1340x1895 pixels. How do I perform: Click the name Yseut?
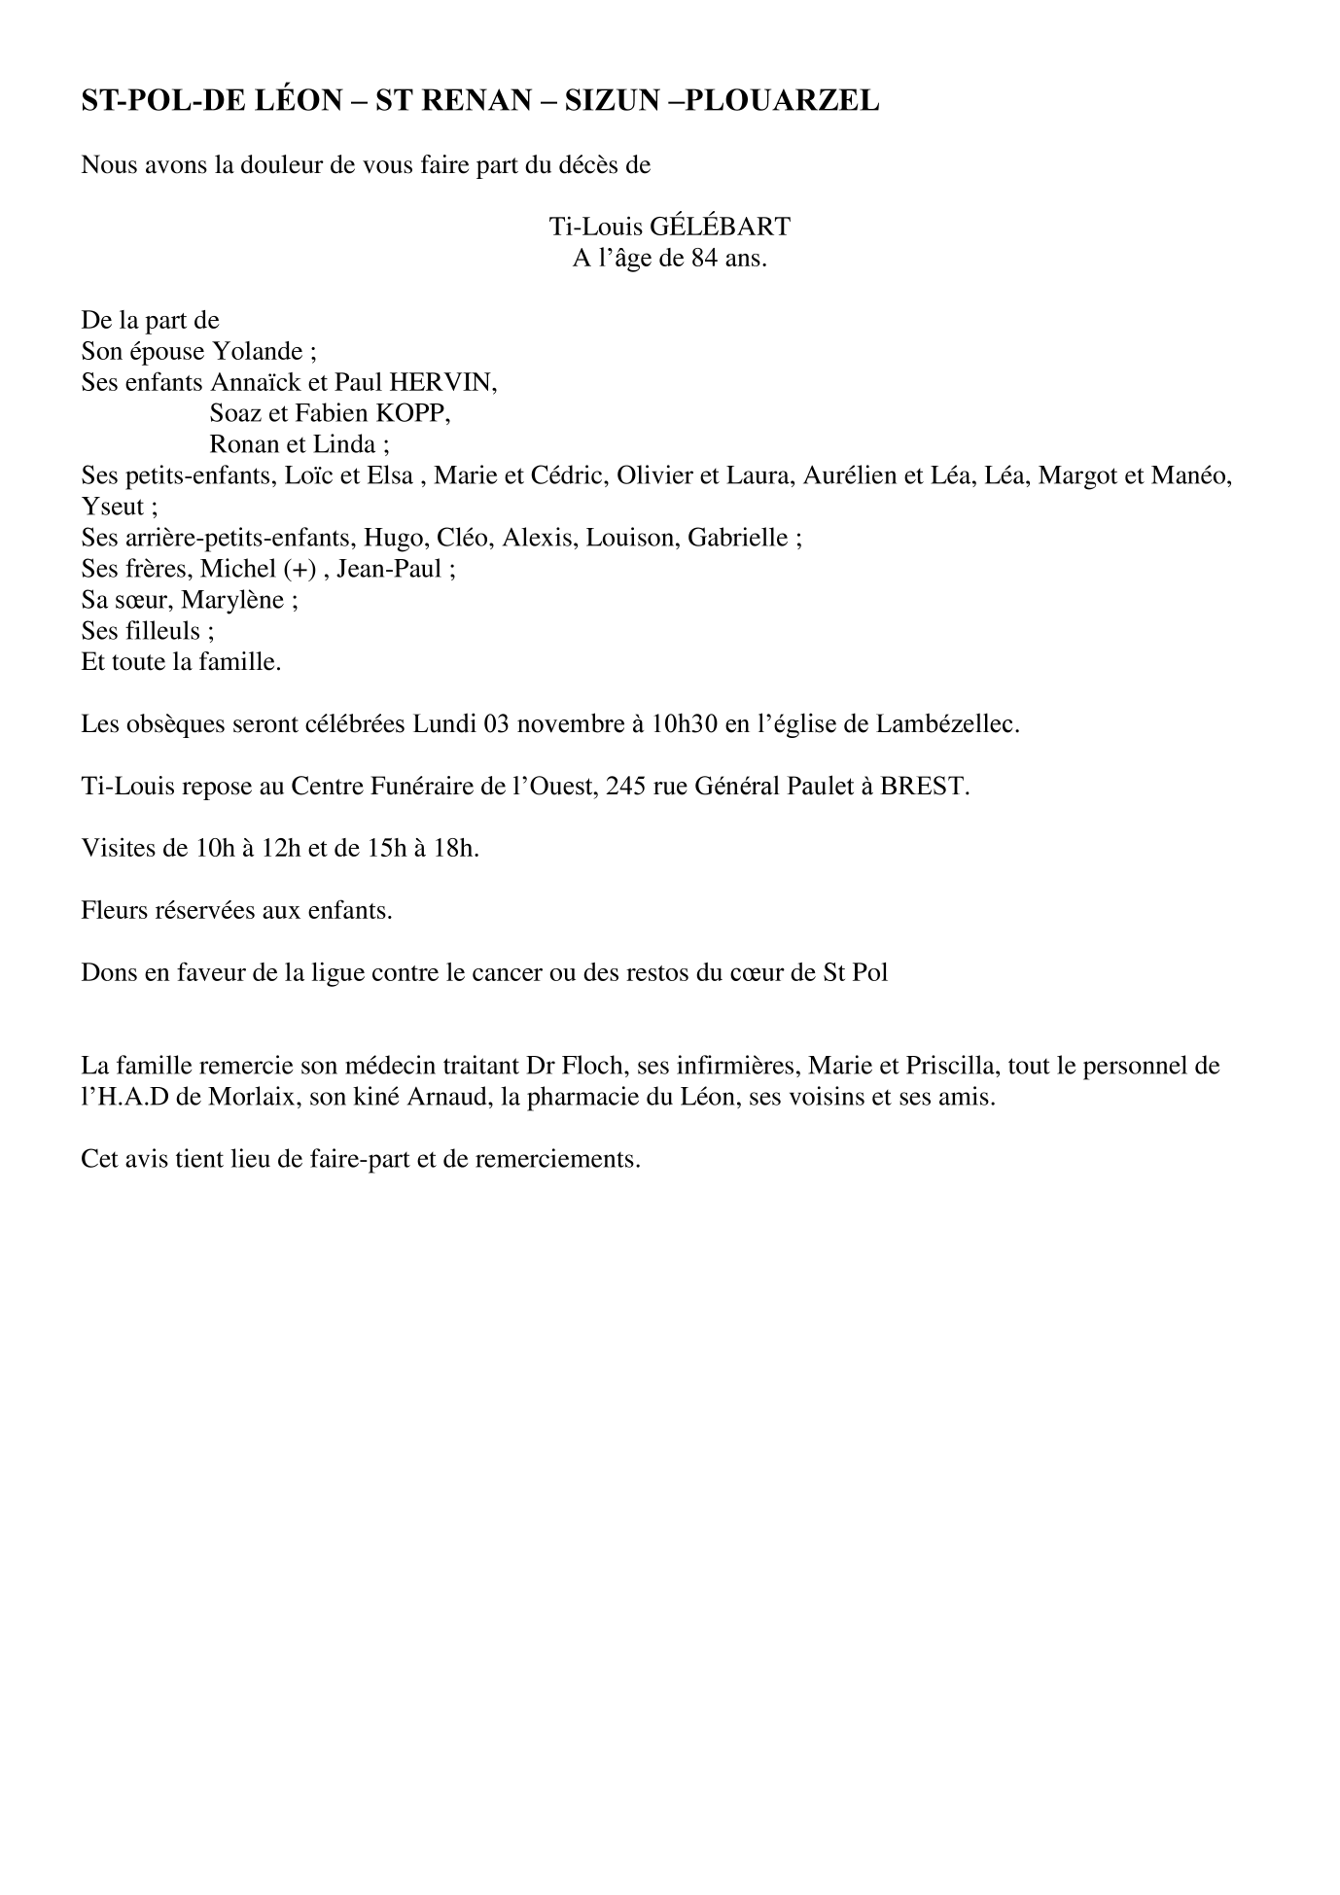click(x=112, y=507)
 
